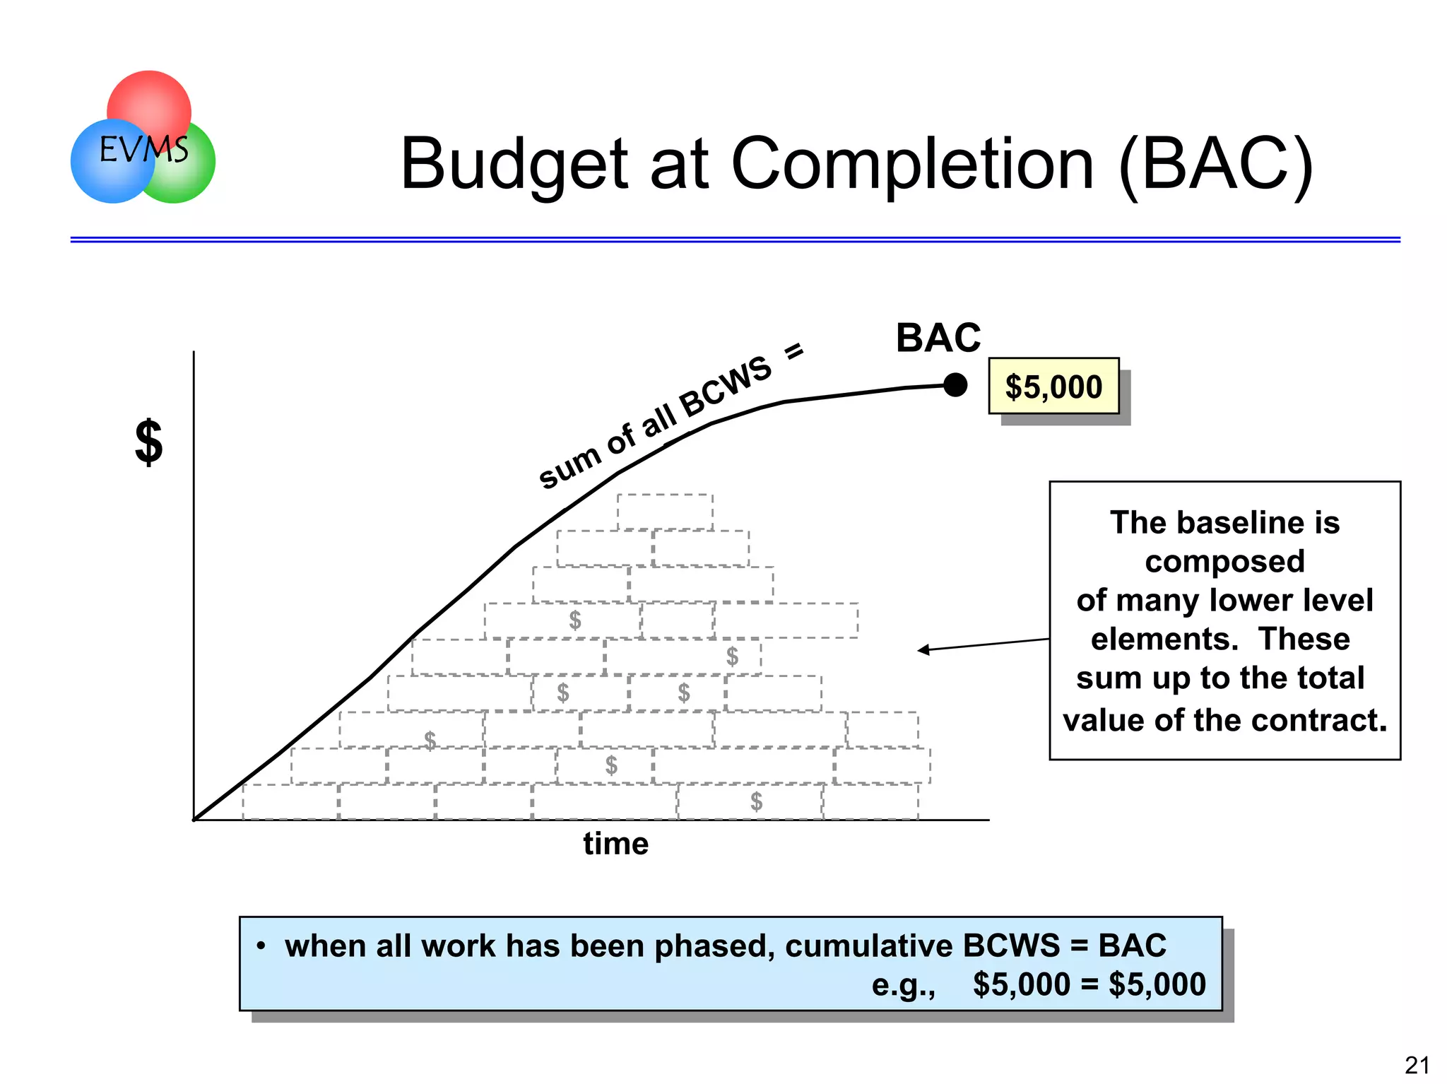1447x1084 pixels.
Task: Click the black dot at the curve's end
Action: (x=955, y=385)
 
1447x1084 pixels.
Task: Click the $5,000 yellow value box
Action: (x=1053, y=387)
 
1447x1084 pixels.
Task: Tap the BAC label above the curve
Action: (x=938, y=338)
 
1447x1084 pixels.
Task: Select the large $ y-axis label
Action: (x=149, y=442)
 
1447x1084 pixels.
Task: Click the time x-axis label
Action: (x=615, y=844)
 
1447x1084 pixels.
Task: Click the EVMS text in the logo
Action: (x=144, y=149)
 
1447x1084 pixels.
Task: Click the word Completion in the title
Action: (x=912, y=164)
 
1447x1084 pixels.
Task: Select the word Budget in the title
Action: (x=514, y=165)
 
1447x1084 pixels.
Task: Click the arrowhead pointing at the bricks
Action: (x=923, y=650)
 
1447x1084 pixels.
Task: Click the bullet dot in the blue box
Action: (x=261, y=945)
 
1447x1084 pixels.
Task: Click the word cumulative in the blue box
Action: (x=868, y=945)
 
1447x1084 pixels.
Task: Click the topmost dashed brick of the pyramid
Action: (x=664, y=512)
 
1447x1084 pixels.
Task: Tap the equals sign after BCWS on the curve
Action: (x=795, y=350)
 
